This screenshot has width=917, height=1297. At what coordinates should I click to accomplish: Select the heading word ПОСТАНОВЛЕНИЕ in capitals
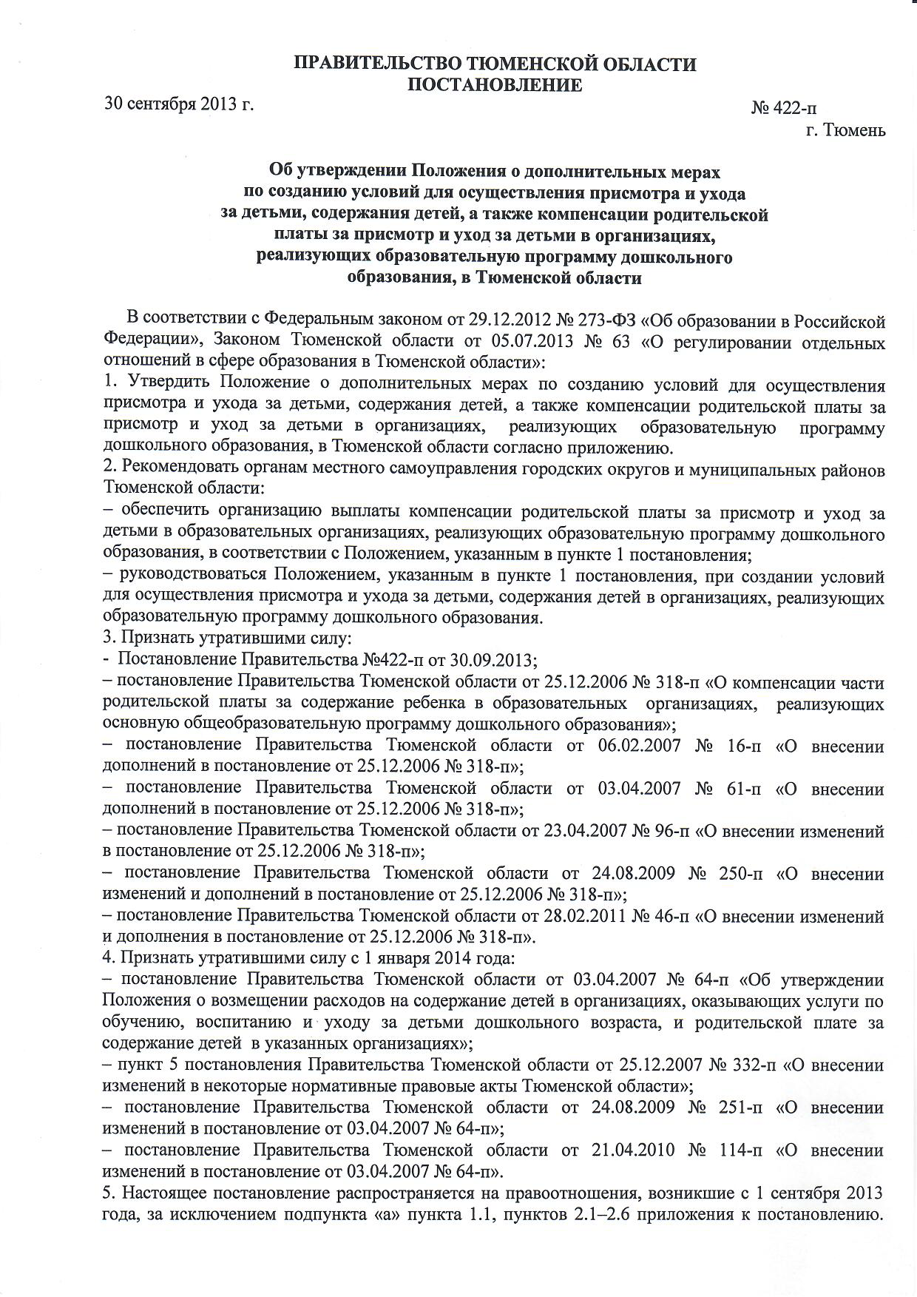495,85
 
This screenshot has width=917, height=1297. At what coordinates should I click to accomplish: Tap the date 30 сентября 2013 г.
179,103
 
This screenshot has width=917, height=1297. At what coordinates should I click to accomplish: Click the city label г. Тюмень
845,130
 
